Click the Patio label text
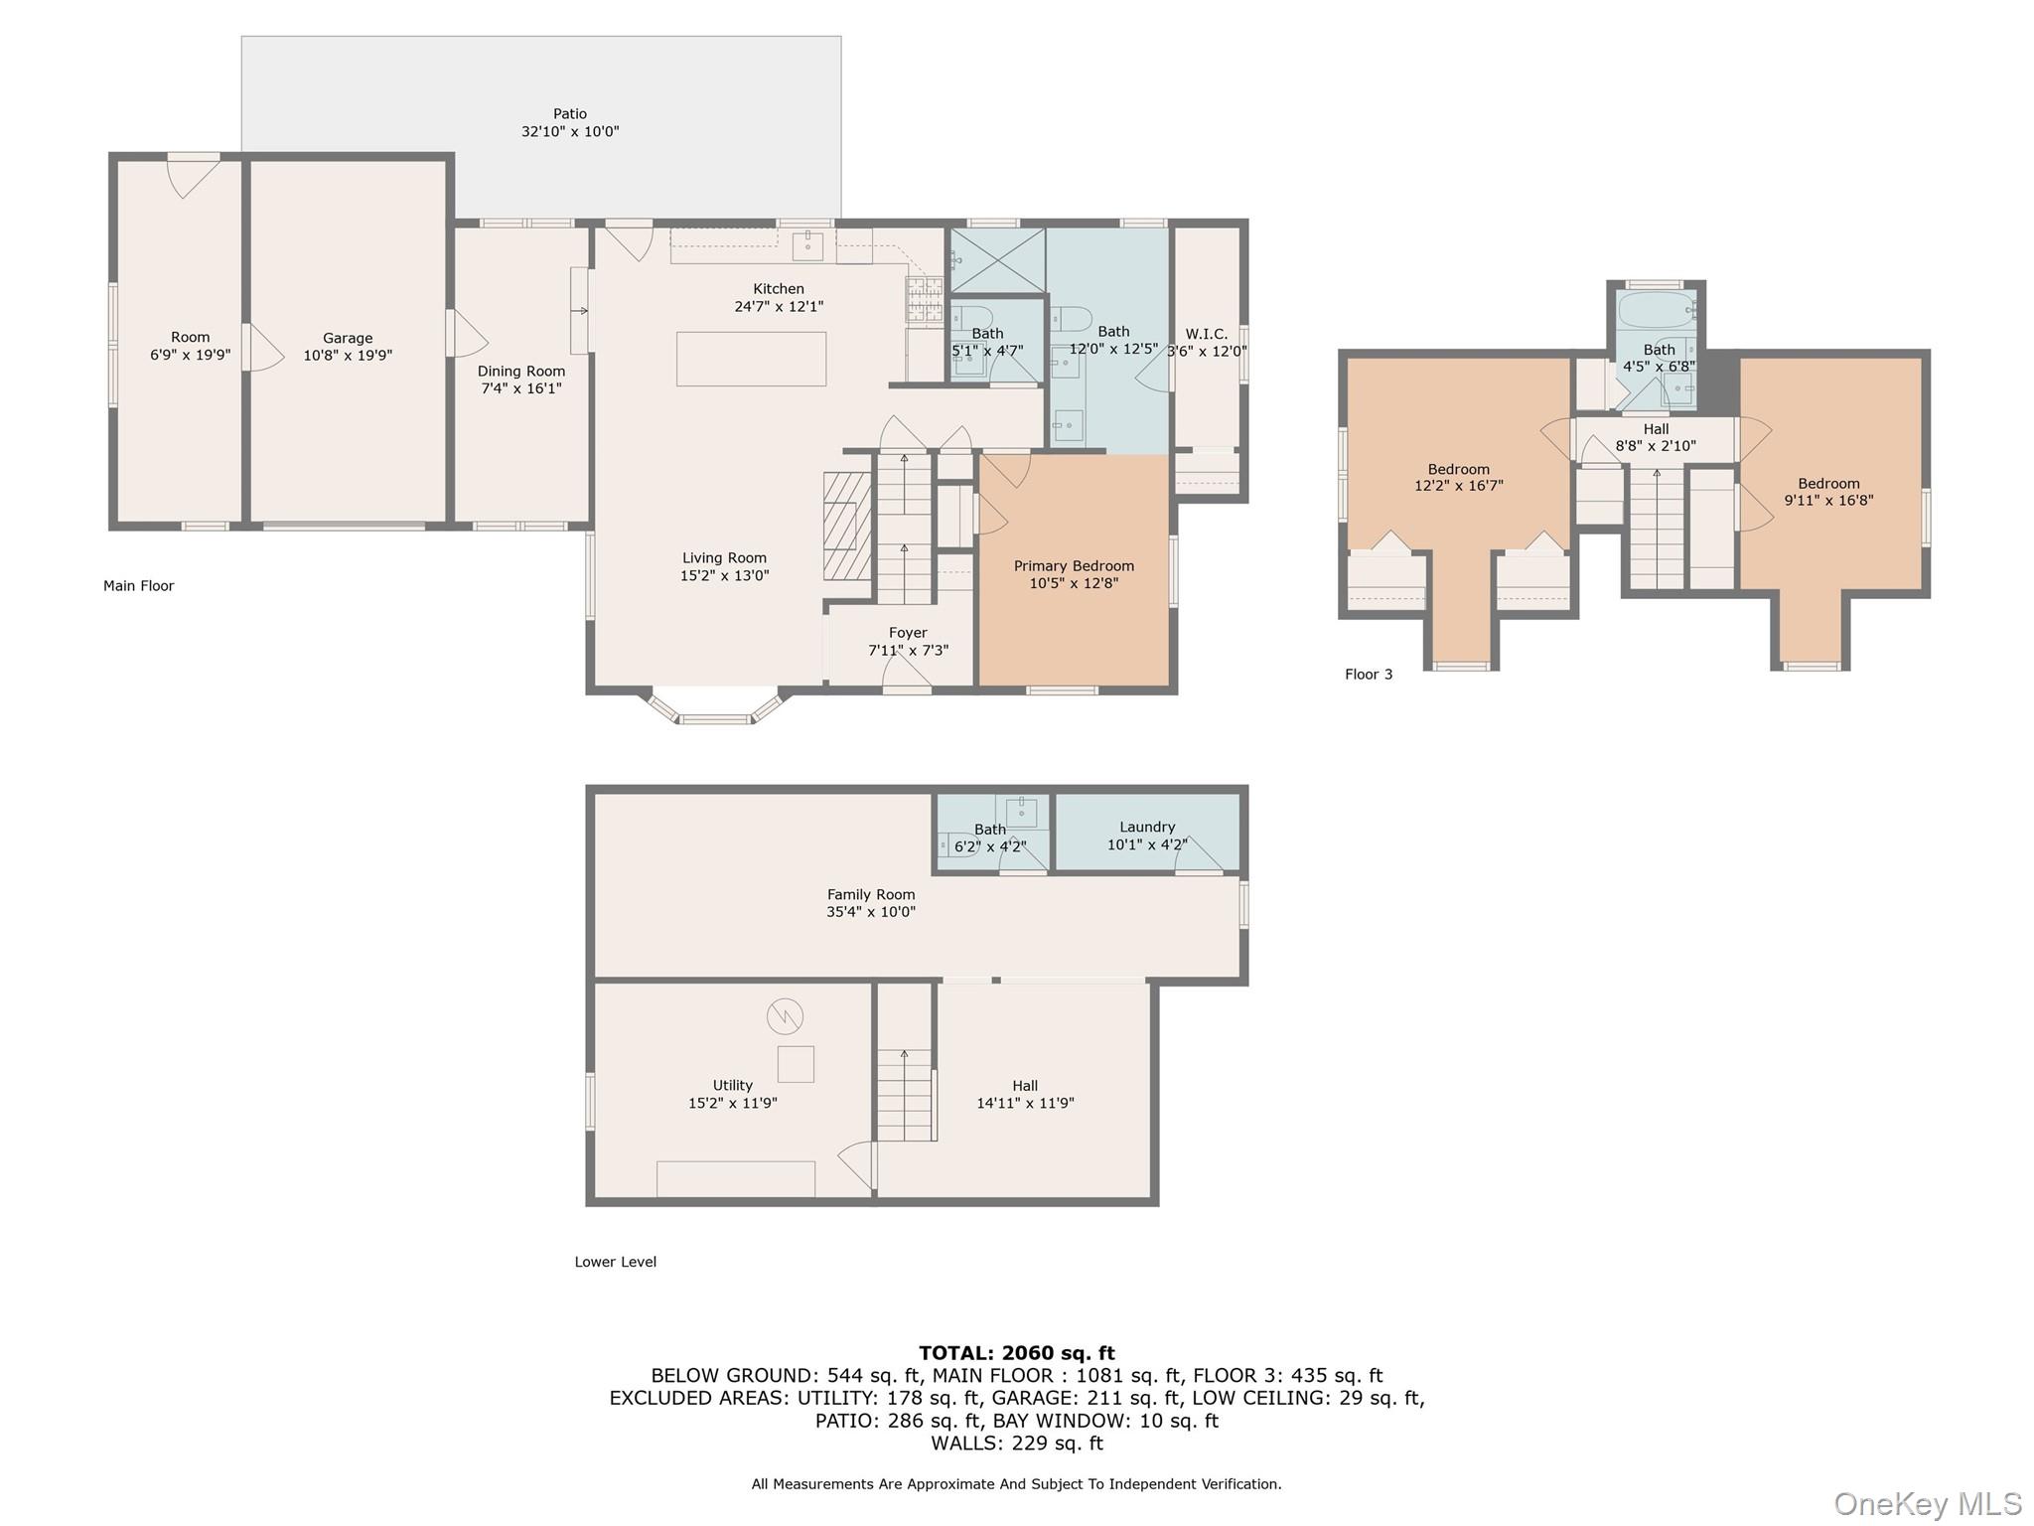(x=569, y=113)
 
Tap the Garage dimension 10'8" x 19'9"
(x=348, y=356)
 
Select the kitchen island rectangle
(x=751, y=359)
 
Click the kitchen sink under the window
(x=807, y=245)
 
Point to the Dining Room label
(x=520, y=371)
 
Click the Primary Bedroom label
(x=1073, y=565)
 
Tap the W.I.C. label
(x=1206, y=334)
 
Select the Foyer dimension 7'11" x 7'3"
(x=908, y=651)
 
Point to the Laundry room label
(x=1147, y=827)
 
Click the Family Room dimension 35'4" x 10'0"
(x=870, y=912)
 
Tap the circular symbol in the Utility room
(x=785, y=1015)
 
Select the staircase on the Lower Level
(x=905, y=1094)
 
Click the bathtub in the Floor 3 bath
(x=1655, y=311)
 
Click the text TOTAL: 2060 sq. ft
(x=1016, y=1352)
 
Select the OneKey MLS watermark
(x=1927, y=1503)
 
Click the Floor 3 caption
(x=1368, y=675)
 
